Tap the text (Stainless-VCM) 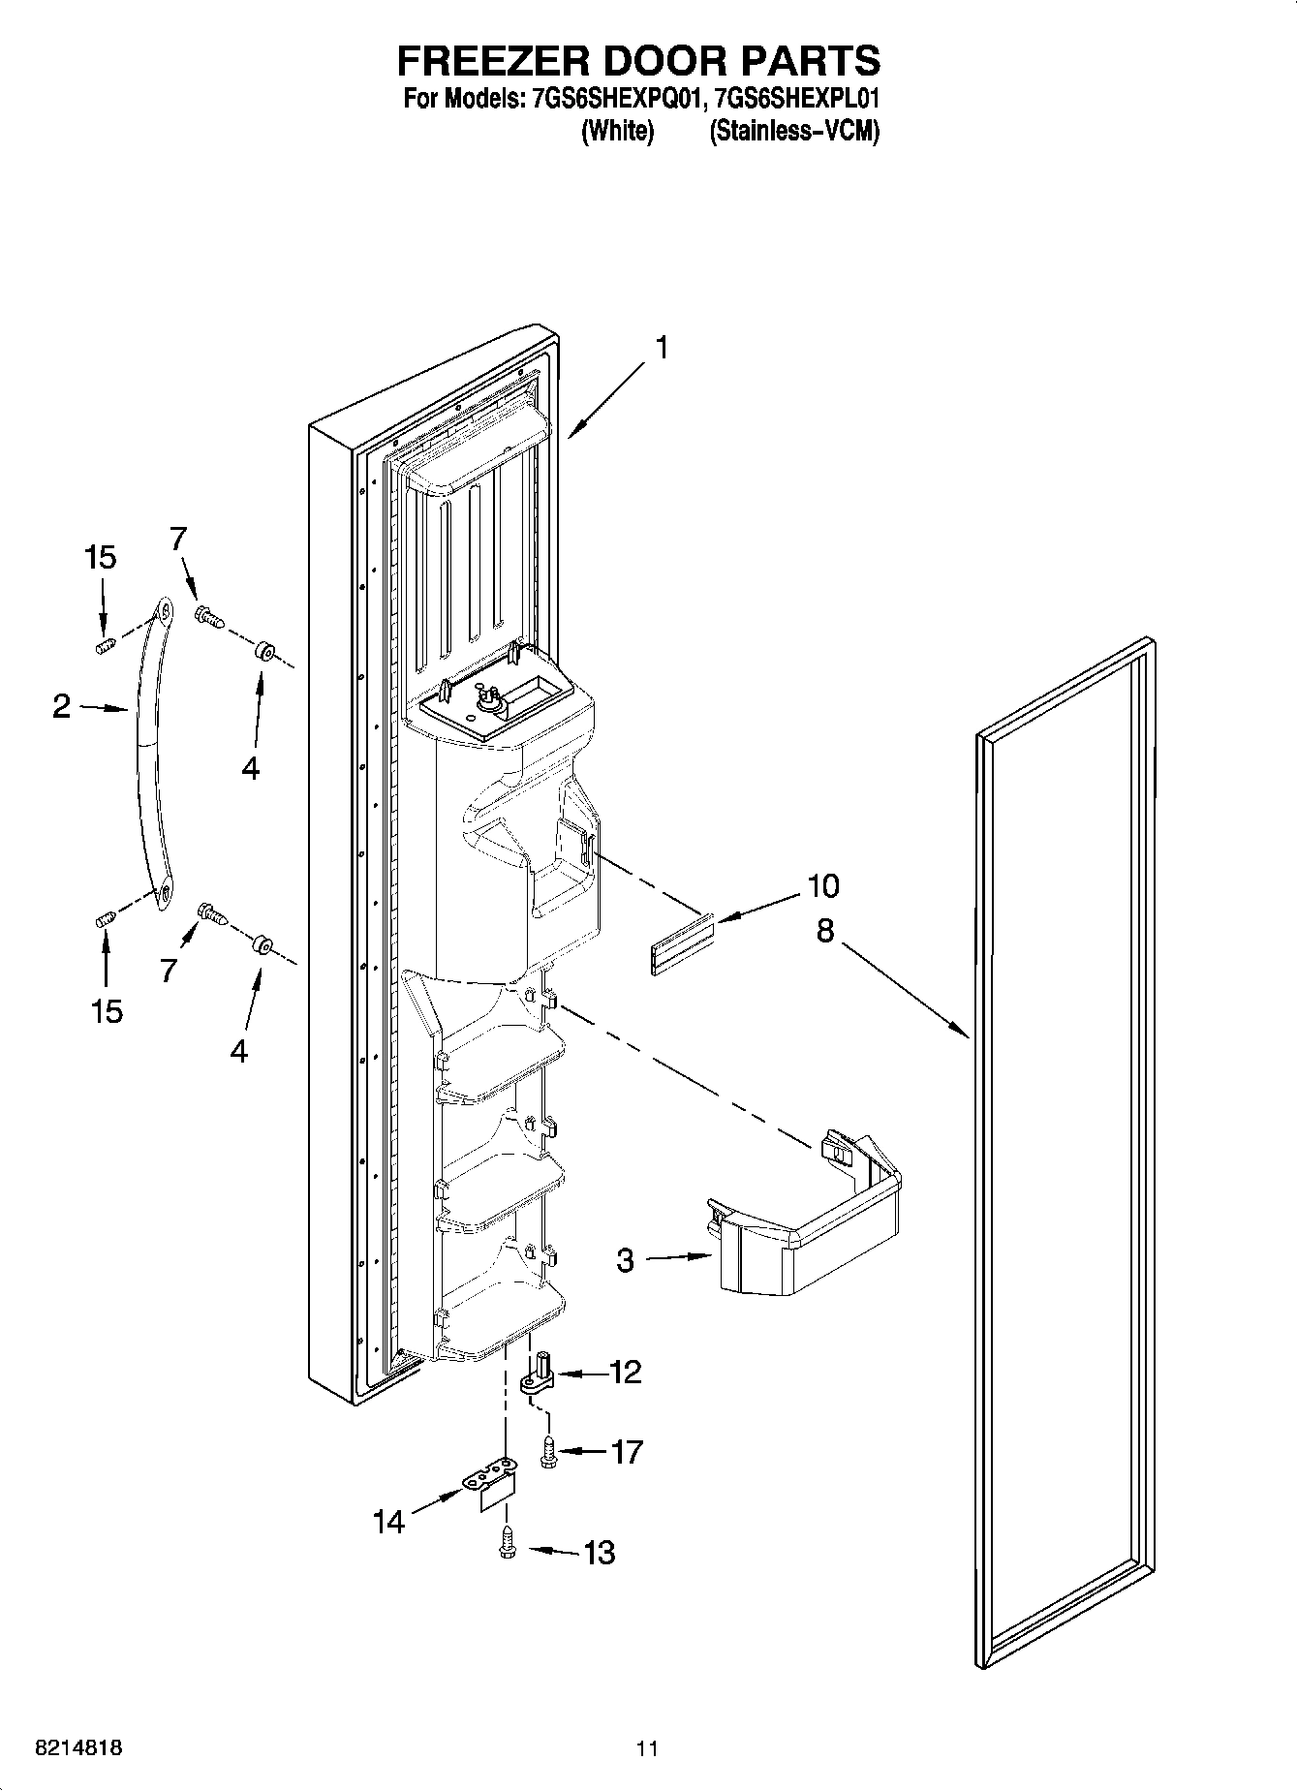coord(794,131)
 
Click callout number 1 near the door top coord(662,348)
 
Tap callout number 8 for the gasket coord(824,931)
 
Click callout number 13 coord(600,1553)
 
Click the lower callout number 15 coord(107,1011)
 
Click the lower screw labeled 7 coord(211,913)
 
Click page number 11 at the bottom coord(647,1748)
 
